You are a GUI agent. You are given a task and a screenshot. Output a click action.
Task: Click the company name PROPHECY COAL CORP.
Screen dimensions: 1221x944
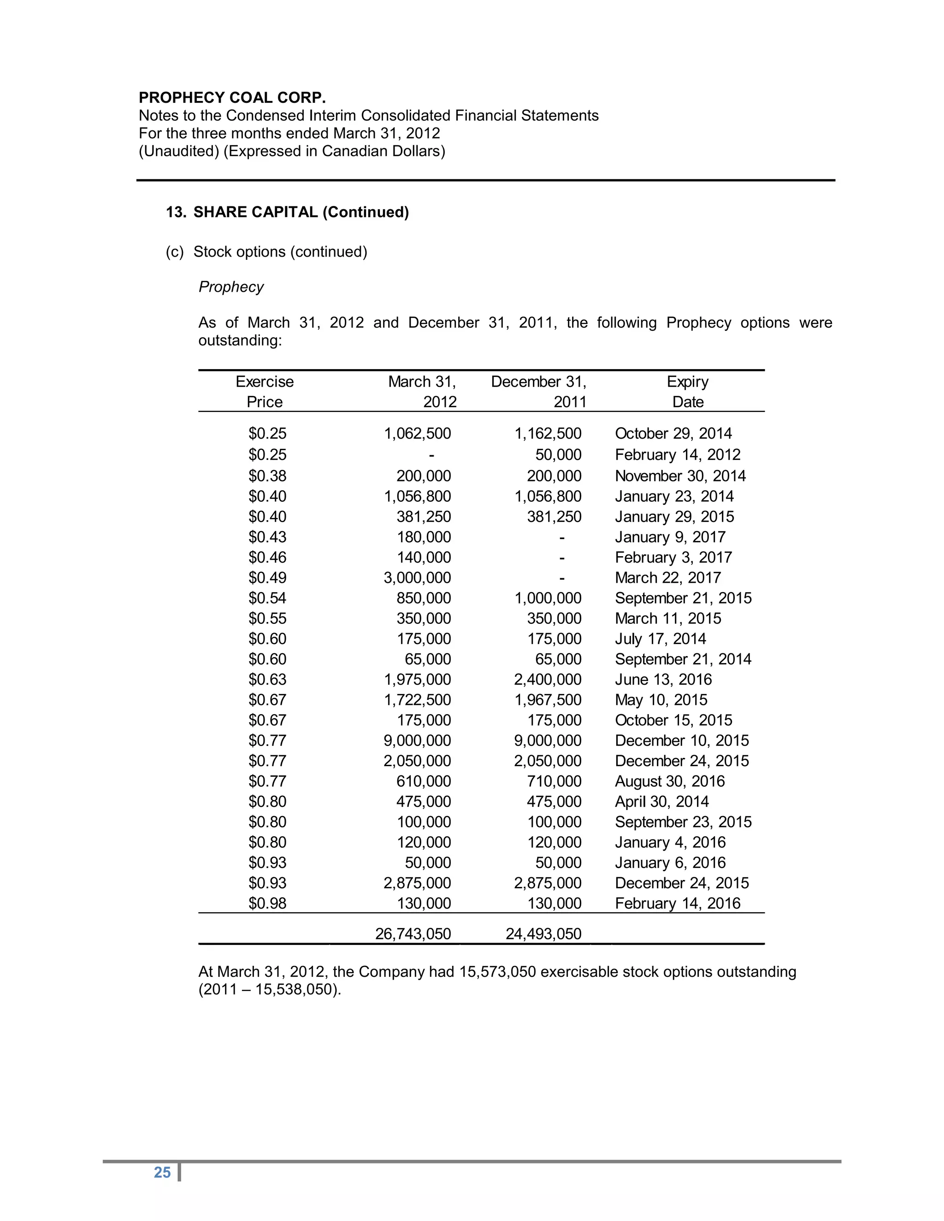click(232, 97)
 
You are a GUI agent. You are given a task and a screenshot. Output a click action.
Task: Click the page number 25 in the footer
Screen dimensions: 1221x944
click(162, 1172)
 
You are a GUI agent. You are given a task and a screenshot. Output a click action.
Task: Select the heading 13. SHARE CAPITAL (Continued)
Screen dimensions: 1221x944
click(288, 212)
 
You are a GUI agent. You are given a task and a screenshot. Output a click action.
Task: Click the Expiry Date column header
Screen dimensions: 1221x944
click(687, 391)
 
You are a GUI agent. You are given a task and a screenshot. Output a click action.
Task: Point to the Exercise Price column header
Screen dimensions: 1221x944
click(265, 391)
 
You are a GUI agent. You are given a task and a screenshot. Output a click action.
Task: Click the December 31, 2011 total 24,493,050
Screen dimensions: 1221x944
click(543, 933)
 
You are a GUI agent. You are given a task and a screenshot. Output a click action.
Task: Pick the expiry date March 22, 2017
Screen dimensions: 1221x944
click(668, 577)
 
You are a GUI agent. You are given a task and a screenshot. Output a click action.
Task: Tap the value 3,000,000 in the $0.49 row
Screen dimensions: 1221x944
click(417, 577)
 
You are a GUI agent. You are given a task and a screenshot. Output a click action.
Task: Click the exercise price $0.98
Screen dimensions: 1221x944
click(267, 903)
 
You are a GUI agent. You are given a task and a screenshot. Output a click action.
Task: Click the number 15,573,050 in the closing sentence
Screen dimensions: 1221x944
click(498, 972)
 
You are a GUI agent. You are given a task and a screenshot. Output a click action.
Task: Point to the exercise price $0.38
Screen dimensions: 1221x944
click(267, 476)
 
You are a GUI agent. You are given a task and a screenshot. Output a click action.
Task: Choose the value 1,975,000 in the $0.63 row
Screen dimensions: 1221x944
click(417, 679)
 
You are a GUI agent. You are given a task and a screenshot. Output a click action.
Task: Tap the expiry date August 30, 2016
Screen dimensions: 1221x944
click(669, 781)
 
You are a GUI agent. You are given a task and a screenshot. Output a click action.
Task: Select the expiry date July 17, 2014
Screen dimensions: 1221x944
click(660, 639)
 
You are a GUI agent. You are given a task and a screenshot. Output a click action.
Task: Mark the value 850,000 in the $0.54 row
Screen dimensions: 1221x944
click(423, 598)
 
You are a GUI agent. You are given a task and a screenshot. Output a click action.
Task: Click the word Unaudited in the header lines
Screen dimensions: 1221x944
click(179, 151)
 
